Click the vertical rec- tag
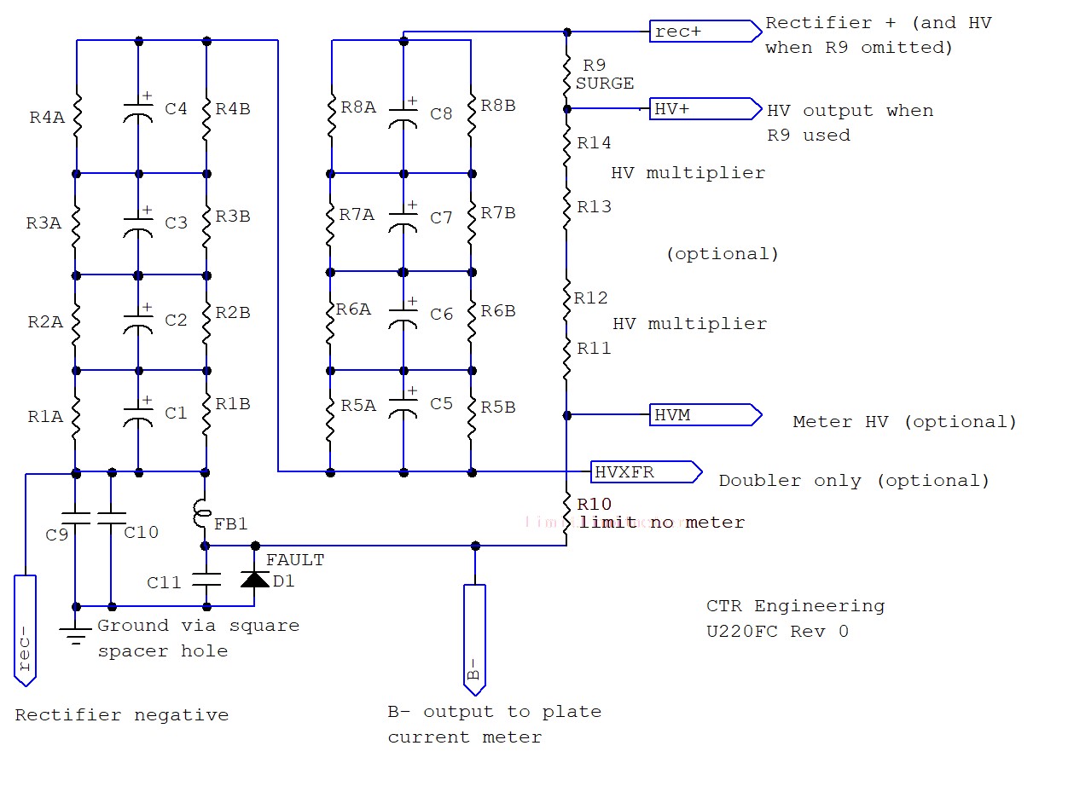tap(26, 629)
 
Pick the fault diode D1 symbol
tap(254, 580)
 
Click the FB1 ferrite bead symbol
tap(205, 514)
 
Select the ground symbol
tap(76, 633)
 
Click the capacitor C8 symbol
tap(403, 113)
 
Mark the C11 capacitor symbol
tap(205, 580)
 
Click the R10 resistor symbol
tap(566, 514)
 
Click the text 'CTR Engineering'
tap(795, 606)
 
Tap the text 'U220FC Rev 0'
tap(777, 632)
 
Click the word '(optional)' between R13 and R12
tap(722, 254)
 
